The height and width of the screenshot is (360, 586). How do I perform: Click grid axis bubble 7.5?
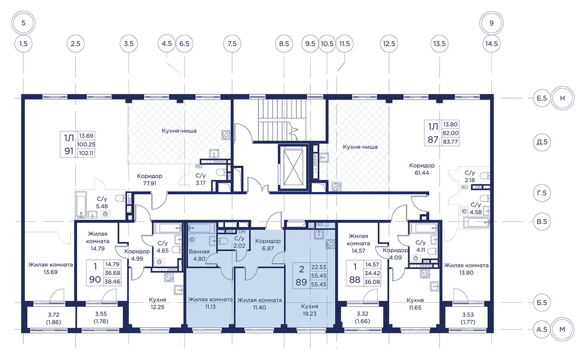click(x=232, y=43)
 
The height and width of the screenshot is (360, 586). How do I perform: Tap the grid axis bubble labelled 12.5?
click(x=389, y=43)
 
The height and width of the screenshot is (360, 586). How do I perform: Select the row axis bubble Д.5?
click(x=542, y=142)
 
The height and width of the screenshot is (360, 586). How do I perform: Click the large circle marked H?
click(x=563, y=98)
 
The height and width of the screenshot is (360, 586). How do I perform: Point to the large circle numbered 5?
click(x=23, y=23)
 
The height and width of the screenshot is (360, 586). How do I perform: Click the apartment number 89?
click(x=301, y=282)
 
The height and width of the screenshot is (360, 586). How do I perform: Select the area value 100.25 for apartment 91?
click(x=86, y=145)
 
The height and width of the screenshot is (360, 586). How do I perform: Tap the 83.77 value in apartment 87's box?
click(x=450, y=142)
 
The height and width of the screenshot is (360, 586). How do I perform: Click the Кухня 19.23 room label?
click(x=310, y=310)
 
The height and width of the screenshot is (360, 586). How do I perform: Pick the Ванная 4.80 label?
click(x=199, y=255)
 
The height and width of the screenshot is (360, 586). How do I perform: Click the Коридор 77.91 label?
click(x=149, y=180)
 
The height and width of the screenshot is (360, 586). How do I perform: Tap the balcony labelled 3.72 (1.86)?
click(x=54, y=318)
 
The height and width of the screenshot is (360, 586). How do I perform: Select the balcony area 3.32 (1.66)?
click(x=362, y=318)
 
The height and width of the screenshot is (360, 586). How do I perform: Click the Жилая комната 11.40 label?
click(x=259, y=304)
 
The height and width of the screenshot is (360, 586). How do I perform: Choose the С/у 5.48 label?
click(x=102, y=203)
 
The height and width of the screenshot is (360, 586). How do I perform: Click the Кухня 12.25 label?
click(x=157, y=303)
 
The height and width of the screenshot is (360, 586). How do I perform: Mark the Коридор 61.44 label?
click(x=422, y=169)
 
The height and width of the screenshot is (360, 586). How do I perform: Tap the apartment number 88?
click(x=355, y=280)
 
